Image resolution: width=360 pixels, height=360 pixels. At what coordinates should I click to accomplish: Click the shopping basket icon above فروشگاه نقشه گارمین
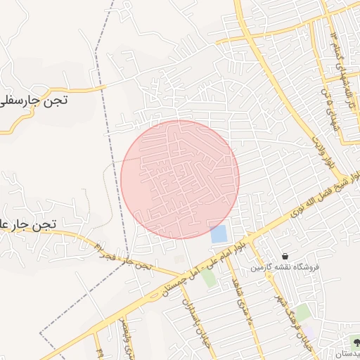click(285, 256)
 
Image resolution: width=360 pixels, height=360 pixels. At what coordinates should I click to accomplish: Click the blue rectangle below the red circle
click(219, 233)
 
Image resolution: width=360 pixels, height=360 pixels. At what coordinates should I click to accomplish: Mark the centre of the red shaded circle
click(180, 179)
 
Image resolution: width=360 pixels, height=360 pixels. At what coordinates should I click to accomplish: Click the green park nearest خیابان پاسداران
click(209, 277)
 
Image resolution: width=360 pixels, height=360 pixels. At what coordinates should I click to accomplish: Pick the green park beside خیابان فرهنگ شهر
click(302, 311)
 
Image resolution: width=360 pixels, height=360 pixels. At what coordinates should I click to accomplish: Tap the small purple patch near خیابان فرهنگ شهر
click(309, 330)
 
